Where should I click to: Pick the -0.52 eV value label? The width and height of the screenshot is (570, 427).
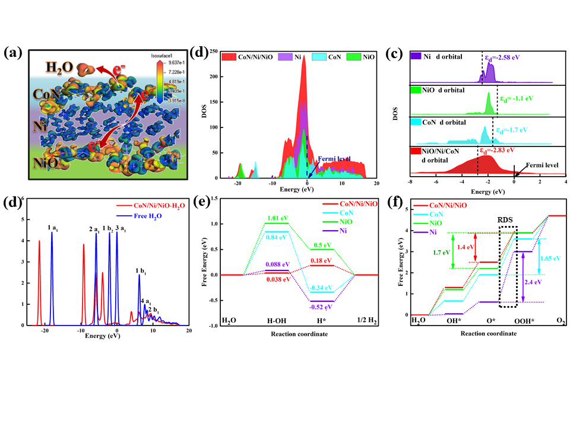click(321, 307)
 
